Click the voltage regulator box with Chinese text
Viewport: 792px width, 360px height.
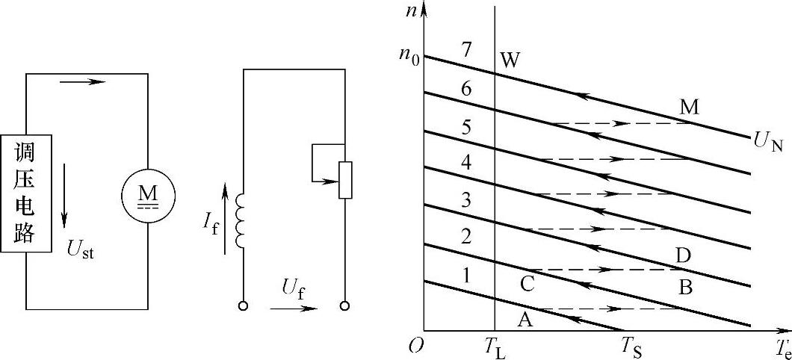click(x=26, y=194)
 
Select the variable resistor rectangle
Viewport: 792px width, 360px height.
click(x=344, y=179)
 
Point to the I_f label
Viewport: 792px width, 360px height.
click(x=211, y=221)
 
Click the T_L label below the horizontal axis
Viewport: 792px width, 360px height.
click(x=495, y=349)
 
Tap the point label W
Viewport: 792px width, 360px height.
click(x=510, y=60)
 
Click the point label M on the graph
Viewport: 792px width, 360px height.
click(x=689, y=107)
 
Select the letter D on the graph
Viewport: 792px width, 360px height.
click(x=682, y=256)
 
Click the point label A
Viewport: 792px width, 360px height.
click(x=525, y=319)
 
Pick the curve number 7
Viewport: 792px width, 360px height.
click(x=467, y=51)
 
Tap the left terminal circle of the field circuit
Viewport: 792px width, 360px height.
click(x=242, y=306)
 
